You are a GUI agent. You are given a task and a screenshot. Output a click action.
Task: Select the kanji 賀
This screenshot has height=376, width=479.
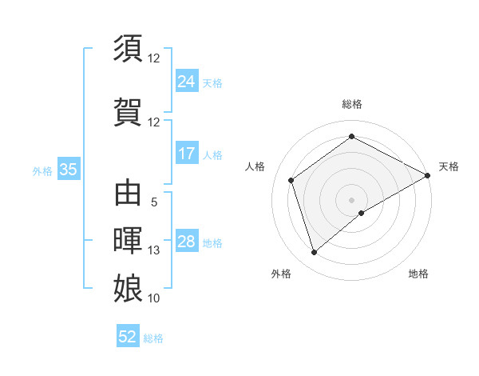coord(129,110)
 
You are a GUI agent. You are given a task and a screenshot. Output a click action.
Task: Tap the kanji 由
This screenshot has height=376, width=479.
coord(129,194)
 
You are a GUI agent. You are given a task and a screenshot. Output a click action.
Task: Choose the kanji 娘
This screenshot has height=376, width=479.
coord(129,287)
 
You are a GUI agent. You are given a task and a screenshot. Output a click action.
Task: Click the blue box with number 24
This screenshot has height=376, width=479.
coord(186,82)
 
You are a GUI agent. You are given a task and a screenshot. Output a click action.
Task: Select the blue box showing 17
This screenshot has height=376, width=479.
coord(186,154)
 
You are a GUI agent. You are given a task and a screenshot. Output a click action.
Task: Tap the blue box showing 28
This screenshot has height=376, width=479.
coord(186,242)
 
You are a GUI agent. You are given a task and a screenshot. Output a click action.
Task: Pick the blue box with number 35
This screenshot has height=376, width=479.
coord(68,170)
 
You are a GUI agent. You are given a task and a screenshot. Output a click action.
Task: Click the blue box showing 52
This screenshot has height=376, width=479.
coord(128,337)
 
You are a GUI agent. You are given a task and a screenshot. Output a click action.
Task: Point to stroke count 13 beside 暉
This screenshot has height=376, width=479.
coord(154,250)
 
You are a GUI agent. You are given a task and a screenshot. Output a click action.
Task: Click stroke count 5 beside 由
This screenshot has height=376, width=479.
coord(154,203)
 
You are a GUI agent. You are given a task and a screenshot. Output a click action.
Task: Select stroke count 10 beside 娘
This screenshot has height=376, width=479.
coord(154,298)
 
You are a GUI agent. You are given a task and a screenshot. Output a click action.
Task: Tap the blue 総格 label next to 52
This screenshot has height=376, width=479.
coord(153,338)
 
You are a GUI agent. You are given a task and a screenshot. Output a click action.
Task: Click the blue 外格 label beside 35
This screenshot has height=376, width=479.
coord(42,170)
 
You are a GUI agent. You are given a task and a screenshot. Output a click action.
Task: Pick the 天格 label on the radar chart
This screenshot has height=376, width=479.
coord(449,166)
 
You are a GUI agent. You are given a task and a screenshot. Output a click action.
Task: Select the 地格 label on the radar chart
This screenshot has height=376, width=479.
coord(418,274)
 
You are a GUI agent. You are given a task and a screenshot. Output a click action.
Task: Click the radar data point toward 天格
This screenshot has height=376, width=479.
coord(428,175)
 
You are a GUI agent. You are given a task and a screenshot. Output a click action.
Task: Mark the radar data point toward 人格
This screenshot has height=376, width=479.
coord(291,180)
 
